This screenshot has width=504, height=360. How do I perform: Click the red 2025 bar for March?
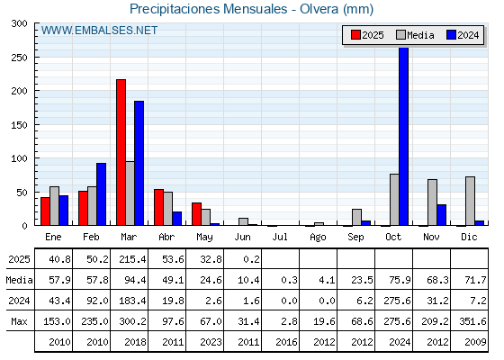[121, 152]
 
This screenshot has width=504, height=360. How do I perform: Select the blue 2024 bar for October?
[404, 136]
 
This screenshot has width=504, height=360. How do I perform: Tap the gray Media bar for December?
[470, 201]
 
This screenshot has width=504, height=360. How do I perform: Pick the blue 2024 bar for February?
[101, 194]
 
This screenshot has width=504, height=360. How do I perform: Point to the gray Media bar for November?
[432, 202]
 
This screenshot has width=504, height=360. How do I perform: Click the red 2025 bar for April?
[158, 207]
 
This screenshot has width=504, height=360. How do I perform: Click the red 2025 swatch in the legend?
[355, 35]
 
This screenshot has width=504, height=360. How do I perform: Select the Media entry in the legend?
[415, 35]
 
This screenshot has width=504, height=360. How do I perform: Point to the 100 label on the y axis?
[19, 158]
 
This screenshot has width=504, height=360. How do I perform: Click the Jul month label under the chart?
[280, 238]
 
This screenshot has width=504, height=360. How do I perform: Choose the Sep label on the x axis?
[355, 238]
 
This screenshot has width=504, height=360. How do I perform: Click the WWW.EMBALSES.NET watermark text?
[99, 31]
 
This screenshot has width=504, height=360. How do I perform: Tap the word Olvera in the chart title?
[319, 9]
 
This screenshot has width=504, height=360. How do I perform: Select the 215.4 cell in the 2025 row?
[132, 259]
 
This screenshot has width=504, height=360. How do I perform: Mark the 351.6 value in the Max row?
[472, 321]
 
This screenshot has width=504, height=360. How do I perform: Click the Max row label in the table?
[19, 321]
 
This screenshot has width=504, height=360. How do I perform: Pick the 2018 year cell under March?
[135, 342]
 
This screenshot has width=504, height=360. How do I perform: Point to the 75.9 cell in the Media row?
[400, 280]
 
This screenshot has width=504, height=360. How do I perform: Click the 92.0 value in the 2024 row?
[97, 301]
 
